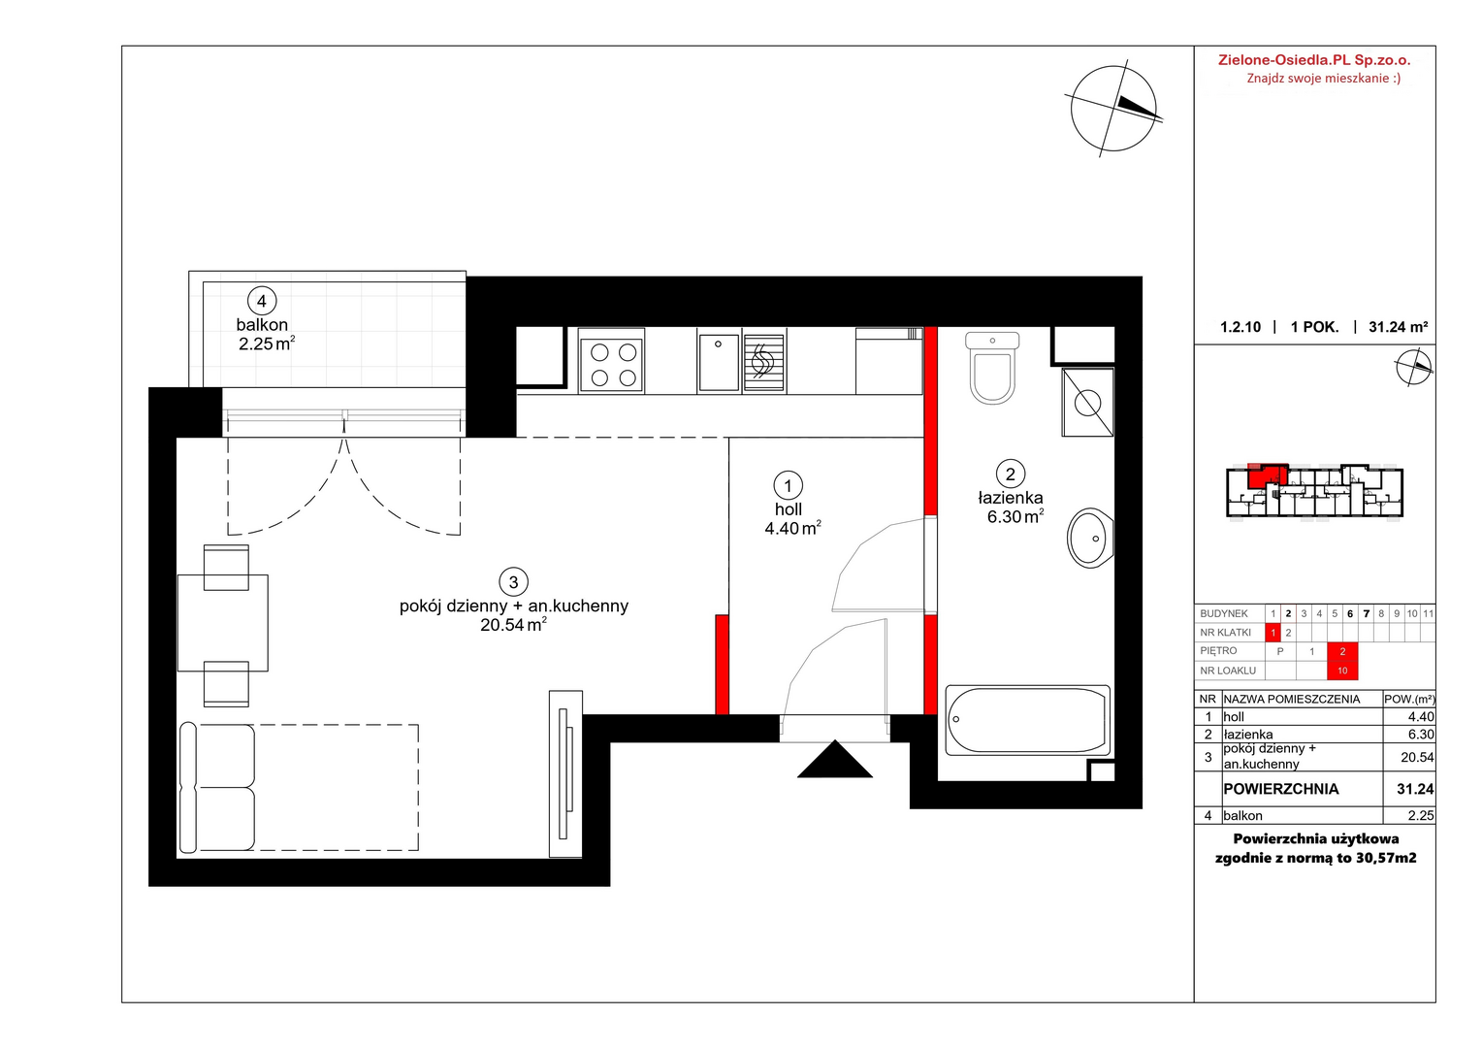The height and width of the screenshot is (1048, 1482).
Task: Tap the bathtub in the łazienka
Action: point(1027,720)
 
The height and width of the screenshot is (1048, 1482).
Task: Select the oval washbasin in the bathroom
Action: point(1089,539)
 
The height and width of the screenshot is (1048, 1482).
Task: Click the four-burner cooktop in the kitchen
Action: point(612,362)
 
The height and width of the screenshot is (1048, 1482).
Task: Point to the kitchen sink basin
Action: point(719,362)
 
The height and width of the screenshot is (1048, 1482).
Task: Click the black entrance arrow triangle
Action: point(835,760)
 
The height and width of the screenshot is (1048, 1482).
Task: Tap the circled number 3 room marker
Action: point(513,582)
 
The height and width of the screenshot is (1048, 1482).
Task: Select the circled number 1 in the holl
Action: point(788,486)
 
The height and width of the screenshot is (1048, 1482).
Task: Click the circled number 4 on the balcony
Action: point(262,301)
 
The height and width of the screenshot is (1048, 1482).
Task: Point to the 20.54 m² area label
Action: point(513,624)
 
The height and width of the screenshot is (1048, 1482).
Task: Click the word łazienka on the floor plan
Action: point(1011,497)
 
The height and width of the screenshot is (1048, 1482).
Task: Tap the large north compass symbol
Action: point(1113,109)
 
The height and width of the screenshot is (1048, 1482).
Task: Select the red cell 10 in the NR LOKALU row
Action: point(1342,671)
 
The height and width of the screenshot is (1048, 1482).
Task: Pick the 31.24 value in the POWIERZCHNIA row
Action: point(1415,789)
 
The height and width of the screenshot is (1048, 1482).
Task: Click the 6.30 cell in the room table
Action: point(1421,735)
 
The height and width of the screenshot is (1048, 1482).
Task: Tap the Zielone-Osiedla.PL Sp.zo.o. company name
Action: point(1314,60)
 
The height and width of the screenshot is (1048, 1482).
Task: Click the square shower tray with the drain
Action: point(1087,403)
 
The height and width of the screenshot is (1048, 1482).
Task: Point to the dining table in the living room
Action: point(223,623)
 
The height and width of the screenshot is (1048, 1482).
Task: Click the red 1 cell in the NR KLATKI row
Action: point(1273,633)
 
